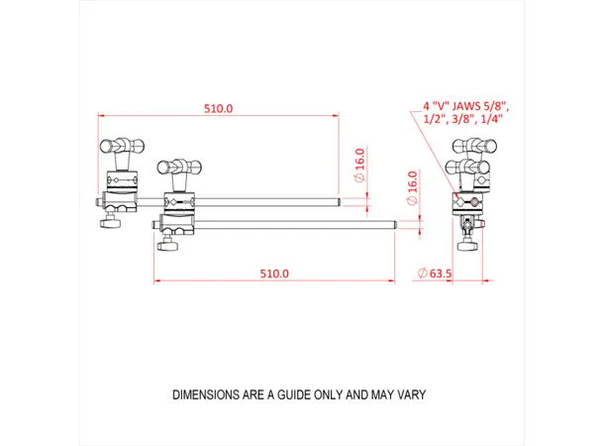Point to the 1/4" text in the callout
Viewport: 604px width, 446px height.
[490, 119]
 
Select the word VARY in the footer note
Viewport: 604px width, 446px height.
[410, 394]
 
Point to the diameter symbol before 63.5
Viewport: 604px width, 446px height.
[423, 273]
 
